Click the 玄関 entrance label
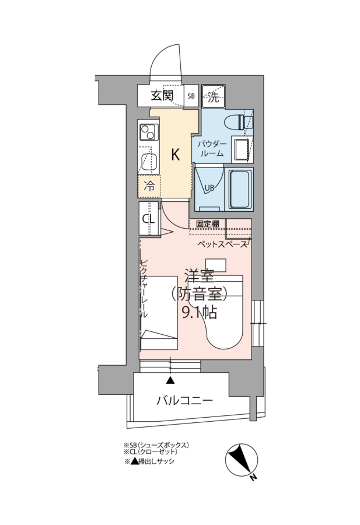tap(162, 96)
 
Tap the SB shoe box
tap(191, 96)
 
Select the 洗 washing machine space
tap(214, 96)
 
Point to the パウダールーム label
tap(212, 149)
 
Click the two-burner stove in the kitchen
tap(148, 132)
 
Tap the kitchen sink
tap(148, 162)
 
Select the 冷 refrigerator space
tap(149, 186)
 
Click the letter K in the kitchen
tap(176, 155)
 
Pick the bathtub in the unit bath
tap(240, 190)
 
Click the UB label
tap(209, 188)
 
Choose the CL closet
tap(148, 219)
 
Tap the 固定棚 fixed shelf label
tap(208, 224)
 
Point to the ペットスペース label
tap(222, 244)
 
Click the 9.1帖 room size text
tap(200, 313)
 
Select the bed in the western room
tap(159, 313)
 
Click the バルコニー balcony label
tap(185, 400)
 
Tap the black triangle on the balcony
tap(170, 380)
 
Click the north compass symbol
tap(242, 460)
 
